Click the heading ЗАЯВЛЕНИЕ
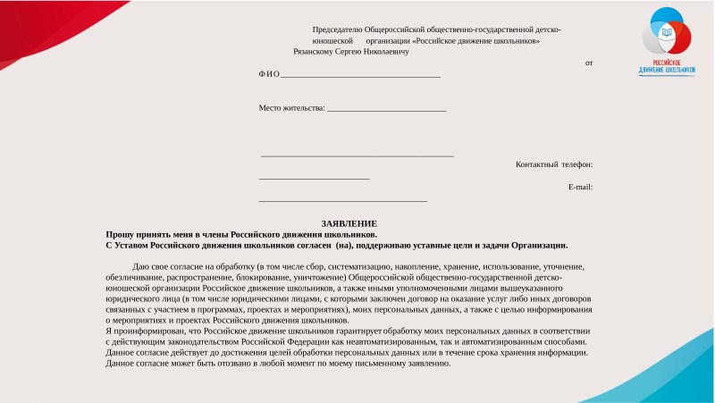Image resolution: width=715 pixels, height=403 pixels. (x=349, y=222)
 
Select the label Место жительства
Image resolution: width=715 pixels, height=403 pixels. (x=291, y=108)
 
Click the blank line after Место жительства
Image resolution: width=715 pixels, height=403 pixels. (x=386, y=109)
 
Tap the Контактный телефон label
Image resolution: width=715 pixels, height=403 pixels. (x=554, y=164)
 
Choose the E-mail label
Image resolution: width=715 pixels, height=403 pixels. (x=580, y=187)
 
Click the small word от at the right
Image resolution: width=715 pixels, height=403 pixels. (x=588, y=63)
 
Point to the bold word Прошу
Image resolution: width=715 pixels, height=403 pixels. (x=119, y=233)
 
